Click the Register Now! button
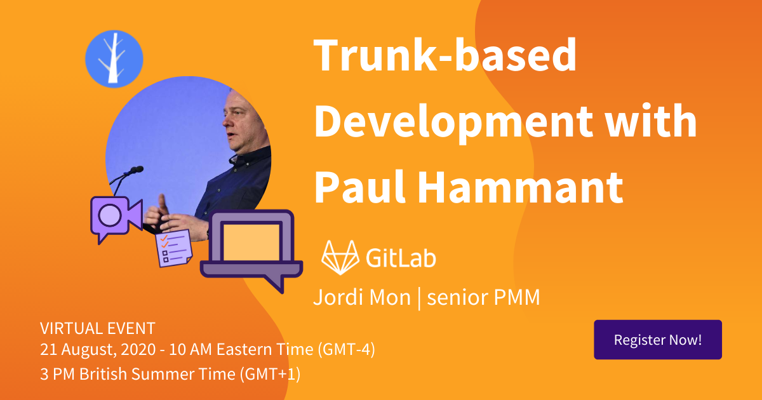click(x=658, y=340)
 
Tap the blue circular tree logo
click(x=114, y=59)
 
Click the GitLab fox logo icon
click(x=340, y=258)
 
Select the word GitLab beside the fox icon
click(x=401, y=258)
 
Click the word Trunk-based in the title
click(x=444, y=55)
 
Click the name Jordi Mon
click(x=362, y=297)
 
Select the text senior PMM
click(x=483, y=297)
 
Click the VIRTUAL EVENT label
click(x=98, y=328)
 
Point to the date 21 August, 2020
click(x=98, y=350)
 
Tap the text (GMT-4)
click(x=346, y=350)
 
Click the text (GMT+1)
click(x=270, y=374)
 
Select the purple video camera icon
click(x=116, y=218)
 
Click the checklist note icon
click(x=174, y=248)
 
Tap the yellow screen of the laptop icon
click(x=251, y=242)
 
